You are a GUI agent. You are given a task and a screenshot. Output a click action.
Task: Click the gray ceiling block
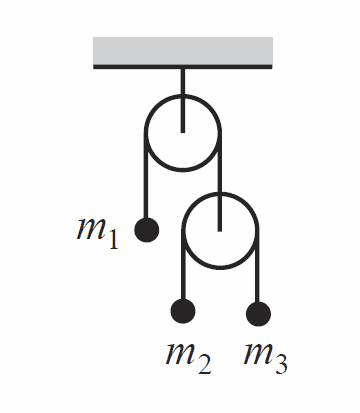click(183, 51)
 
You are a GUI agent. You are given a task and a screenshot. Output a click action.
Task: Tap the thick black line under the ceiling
click(183, 67)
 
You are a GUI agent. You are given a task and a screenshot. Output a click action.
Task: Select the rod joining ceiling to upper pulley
click(183, 101)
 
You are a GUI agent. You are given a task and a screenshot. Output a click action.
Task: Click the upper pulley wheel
click(146, 133)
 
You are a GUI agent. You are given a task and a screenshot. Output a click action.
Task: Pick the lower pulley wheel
click(183, 231)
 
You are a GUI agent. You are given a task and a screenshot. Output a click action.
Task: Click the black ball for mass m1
click(147, 230)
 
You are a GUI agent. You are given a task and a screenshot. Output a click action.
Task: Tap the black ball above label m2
click(183, 311)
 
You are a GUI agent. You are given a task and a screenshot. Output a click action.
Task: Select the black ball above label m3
click(258, 314)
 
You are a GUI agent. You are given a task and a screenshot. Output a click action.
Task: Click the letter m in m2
click(180, 353)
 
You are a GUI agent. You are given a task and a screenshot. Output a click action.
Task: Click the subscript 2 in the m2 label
click(204, 363)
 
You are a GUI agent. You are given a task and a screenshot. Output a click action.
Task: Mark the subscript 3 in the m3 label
click(281, 363)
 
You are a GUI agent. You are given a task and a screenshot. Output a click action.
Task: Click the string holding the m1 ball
click(146, 176)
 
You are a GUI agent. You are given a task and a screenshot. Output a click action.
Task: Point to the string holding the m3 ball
click(257, 267)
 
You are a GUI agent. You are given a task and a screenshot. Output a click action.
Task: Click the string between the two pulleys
click(220, 182)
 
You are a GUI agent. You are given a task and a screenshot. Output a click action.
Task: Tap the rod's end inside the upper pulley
click(183, 132)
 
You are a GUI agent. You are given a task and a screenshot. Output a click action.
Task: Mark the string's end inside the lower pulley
click(220, 231)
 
